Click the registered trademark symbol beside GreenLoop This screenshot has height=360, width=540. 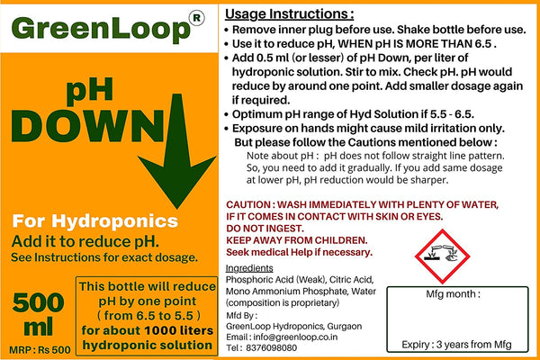[196, 18]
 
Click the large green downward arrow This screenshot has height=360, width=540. [177, 151]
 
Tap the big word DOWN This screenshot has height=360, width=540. [88, 126]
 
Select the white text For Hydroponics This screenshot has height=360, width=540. [95, 220]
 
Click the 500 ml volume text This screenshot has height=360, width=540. [38, 314]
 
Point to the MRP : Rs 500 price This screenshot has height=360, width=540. [40, 350]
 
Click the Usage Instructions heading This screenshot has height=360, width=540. [289, 14]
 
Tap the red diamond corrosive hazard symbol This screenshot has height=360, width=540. [442, 256]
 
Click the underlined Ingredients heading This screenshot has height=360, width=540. [249, 268]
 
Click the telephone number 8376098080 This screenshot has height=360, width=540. [272, 348]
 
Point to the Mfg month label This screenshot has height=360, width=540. [453, 294]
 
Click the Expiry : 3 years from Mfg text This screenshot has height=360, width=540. [456, 345]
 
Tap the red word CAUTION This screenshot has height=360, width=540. [248, 204]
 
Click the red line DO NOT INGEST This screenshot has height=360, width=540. [265, 229]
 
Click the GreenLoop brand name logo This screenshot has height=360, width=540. [101, 28]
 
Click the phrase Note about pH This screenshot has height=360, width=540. [280, 156]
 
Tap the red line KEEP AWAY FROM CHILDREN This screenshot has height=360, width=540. [297, 240]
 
